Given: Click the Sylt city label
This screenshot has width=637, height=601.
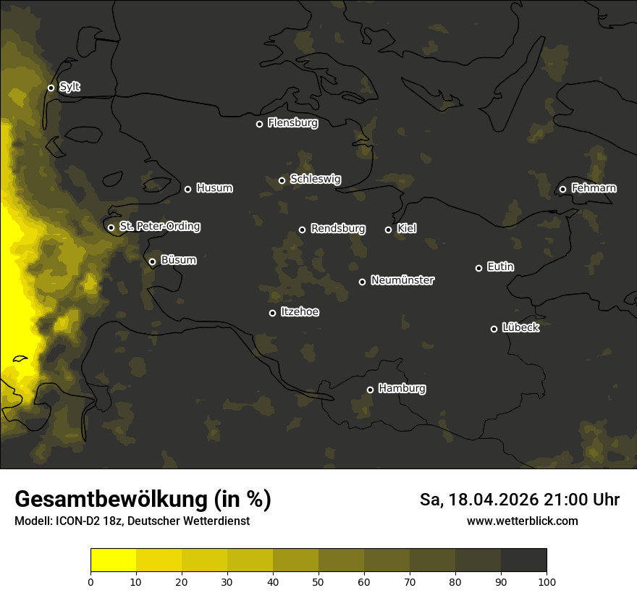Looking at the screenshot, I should [69, 87].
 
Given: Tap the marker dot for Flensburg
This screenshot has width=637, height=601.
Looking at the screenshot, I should [259, 124].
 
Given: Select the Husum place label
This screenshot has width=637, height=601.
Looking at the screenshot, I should [214, 188].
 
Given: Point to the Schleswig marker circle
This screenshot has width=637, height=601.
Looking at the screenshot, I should [282, 180].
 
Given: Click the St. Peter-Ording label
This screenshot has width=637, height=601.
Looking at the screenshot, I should [159, 227].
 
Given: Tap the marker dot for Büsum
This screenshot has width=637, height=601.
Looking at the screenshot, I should [152, 262].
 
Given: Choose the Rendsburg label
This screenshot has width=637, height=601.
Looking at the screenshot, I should [337, 229].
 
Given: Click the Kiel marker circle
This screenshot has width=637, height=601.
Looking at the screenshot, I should [388, 230].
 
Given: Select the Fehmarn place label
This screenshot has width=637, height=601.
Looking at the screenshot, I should [594, 188].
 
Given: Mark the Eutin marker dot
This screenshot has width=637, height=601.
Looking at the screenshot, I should [478, 268].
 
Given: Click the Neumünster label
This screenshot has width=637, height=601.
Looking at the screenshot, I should [402, 280].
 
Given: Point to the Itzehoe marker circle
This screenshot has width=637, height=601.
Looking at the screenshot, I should [272, 313].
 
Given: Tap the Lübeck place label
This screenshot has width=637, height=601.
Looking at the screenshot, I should [520, 327].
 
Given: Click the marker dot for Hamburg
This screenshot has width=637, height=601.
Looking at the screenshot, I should [370, 390].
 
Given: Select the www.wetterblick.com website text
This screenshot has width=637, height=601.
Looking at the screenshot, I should [522, 521].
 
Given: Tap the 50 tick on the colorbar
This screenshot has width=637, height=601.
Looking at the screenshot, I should [318, 581].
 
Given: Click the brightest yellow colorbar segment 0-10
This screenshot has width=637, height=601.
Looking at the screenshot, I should [114, 560].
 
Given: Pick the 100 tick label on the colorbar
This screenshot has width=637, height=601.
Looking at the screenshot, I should [547, 581].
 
